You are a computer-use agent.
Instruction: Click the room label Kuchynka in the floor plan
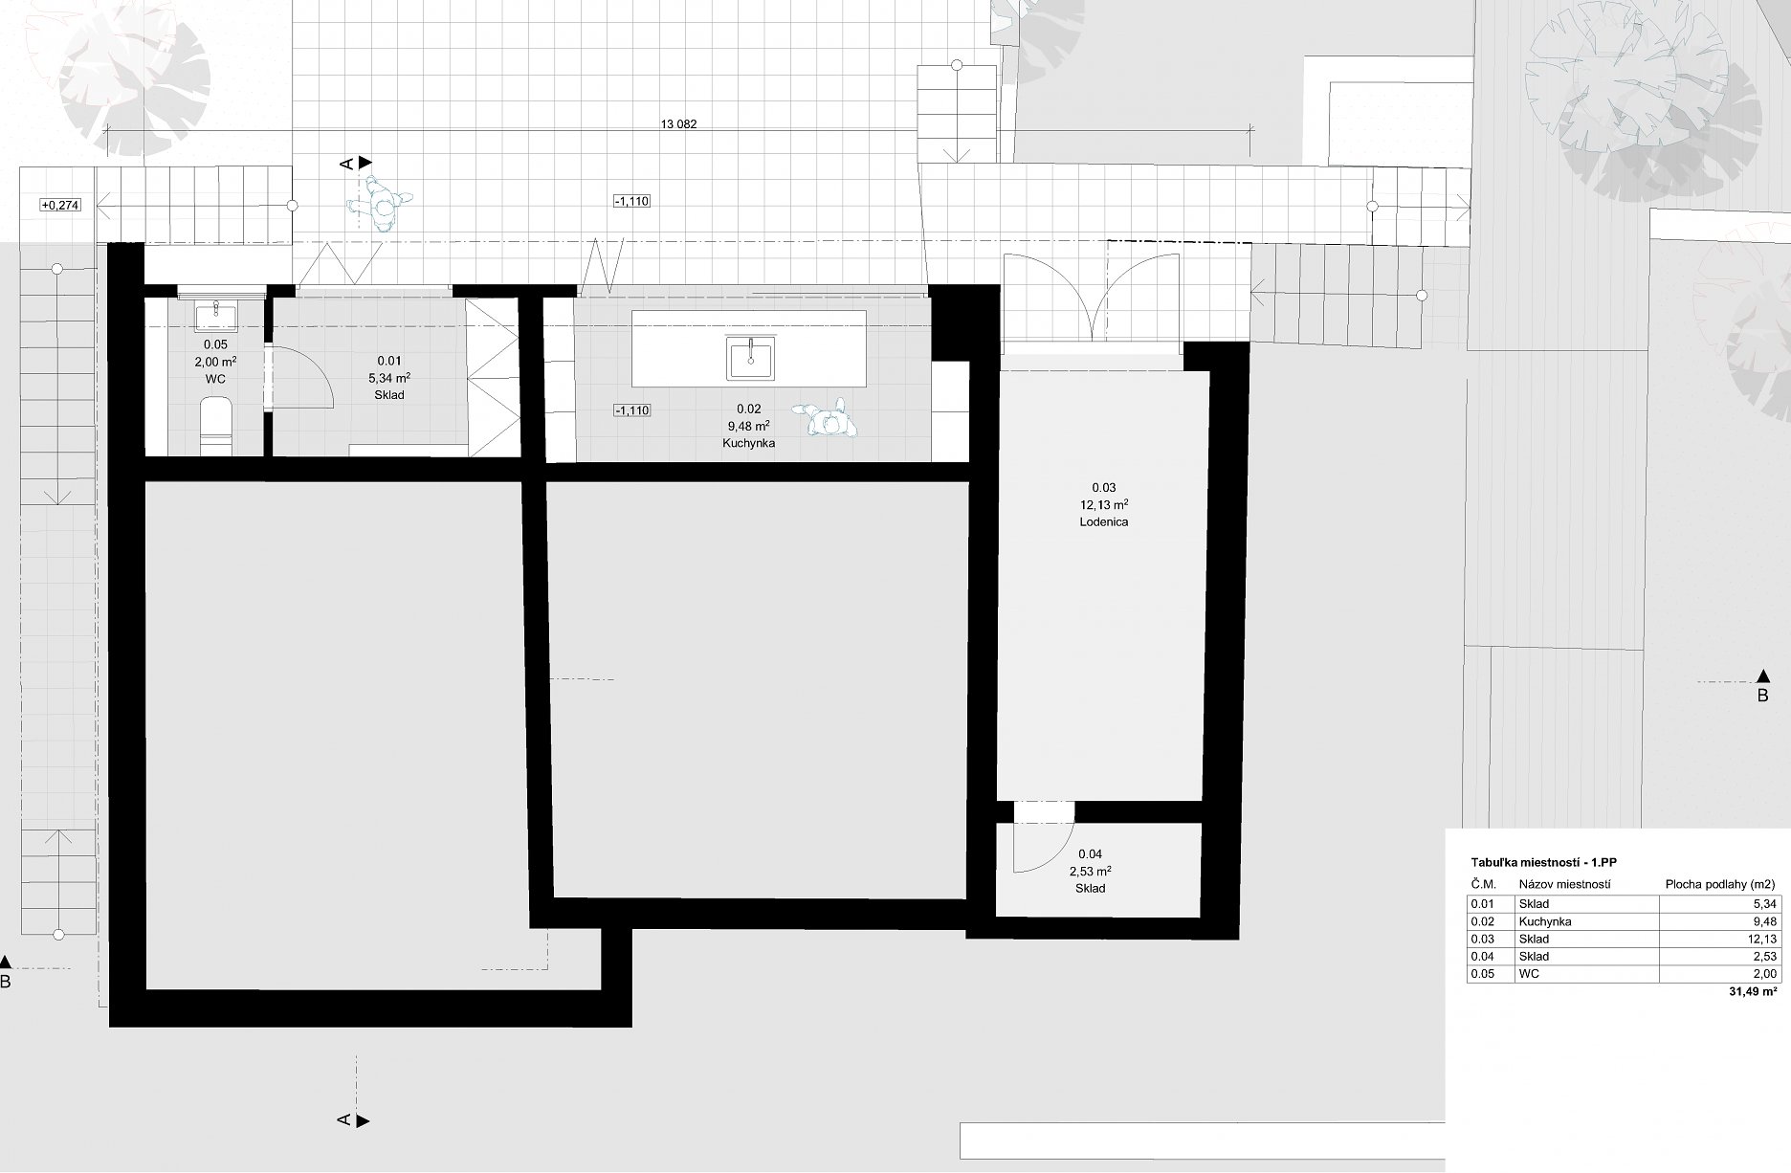click(749, 444)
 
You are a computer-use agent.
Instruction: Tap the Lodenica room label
click(1103, 522)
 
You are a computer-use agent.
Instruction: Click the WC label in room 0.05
click(215, 379)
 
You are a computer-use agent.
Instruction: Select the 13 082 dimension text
click(678, 123)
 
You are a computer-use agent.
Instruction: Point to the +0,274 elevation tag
click(59, 205)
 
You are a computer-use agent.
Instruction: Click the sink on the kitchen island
click(750, 357)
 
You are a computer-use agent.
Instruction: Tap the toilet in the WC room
click(216, 427)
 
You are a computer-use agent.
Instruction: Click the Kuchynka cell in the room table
click(1544, 922)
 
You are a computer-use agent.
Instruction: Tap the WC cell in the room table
click(1529, 974)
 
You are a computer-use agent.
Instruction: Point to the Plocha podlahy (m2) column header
click(1720, 884)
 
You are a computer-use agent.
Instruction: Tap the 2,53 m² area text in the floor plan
click(1090, 872)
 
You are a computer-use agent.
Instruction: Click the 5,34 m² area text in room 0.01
click(389, 378)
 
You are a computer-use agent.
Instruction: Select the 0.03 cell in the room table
click(1483, 940)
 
